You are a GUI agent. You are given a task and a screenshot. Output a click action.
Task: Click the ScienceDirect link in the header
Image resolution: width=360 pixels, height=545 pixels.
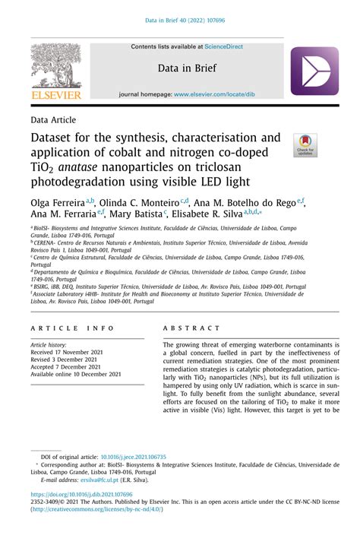pyautogui.click(x=220, y=46)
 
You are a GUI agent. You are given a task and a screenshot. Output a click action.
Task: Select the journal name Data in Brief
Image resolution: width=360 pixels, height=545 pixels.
pyautogui.click(x=187, y=68)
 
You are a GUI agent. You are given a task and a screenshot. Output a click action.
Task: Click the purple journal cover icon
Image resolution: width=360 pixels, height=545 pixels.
pyautogui.click(x=314, y=71)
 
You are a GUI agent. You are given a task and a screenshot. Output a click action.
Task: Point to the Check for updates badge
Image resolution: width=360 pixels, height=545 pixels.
pyautogui.click(x=305, y=145)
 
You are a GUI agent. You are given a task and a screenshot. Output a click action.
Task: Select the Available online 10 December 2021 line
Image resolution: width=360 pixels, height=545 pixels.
pyautogui.click(x=76, y=374)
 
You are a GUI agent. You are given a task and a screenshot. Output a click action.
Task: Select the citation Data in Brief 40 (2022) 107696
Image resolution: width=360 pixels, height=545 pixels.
pyautogui.click(x=180, y=21)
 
